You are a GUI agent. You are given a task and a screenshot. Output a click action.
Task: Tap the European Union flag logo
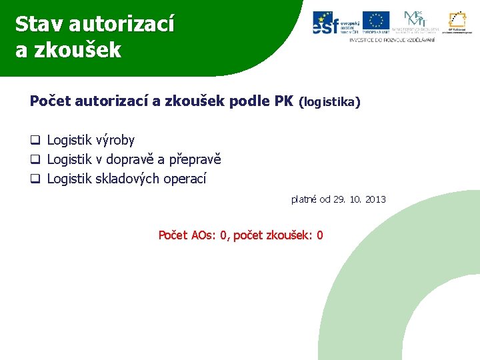click(x=376, y=21)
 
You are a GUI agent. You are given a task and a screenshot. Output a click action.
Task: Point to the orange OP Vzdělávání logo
click(x=457, y=21)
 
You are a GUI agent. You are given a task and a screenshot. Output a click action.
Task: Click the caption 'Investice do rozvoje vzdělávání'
click(x=392, y=40)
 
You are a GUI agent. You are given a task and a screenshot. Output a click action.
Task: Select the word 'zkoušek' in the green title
click(x=79, y=51)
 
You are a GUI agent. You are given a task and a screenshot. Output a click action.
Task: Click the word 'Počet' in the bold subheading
click(x=51, y=101)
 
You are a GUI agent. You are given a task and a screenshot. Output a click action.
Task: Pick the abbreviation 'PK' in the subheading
click(x=283, y=101)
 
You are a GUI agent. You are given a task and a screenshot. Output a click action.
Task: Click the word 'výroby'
click(x=115, y=141)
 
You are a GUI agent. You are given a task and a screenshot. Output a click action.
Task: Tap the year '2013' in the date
click(x=375, y=199)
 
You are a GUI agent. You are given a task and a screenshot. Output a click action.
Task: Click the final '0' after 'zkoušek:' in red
click(x=320, y=235)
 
